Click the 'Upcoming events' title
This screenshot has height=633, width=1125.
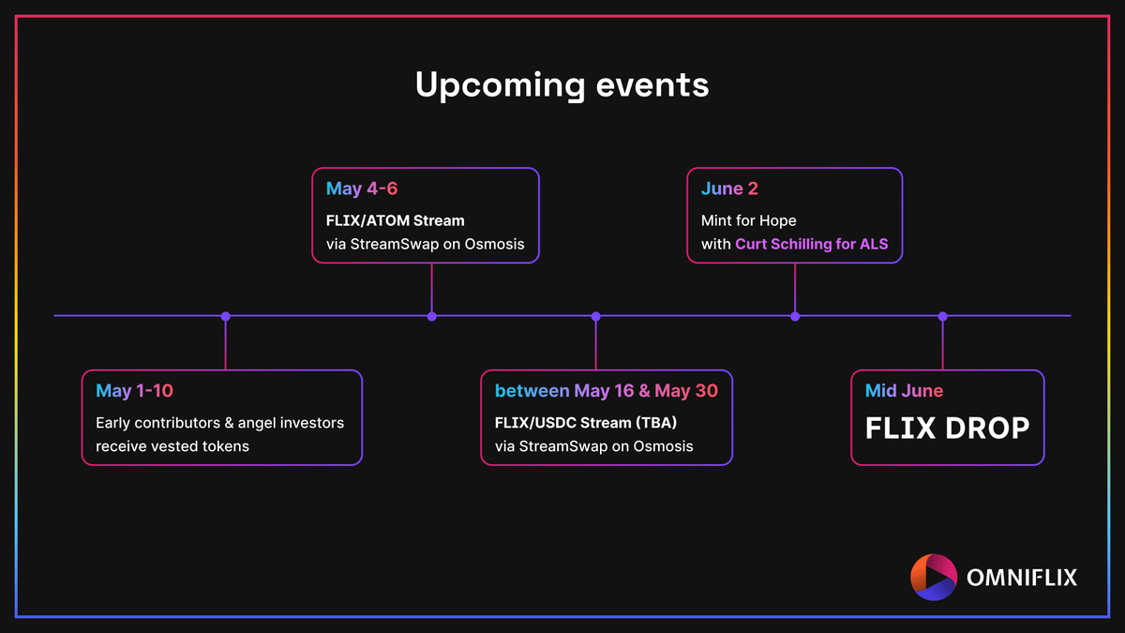pyautogui.click(x=562, y=85)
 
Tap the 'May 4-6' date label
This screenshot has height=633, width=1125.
pyautogui.click(x=362, y=188)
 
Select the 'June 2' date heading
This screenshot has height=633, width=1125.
pyautogui.click(x=729, y=188)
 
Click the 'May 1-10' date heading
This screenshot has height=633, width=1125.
pyautogui.click(x=134, y=391)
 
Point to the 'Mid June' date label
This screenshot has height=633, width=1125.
pyautogui.click(x=904, y=390)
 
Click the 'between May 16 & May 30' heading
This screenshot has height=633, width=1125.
pyautogui.click(x=607, y=391)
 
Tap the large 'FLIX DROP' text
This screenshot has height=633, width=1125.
pyautogui.click(x=947, y=429)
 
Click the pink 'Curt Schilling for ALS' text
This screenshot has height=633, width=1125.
pyautogui.click(x=812, y=244)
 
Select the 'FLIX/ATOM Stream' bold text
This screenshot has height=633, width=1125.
pyautogui.click(x=396, y=220)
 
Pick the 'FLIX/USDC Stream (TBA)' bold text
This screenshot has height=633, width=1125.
pyautogui.click(x=586, y=423)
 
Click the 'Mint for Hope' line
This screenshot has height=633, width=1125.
pyautogui.click(x=748, y=221)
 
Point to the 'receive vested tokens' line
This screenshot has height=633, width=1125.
pyautogui.click(x=172, y=446)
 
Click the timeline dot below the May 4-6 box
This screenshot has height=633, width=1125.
pyautogui.click(x=432, y=317)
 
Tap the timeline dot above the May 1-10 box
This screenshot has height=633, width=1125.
pyautogui.click(x=226, y=317)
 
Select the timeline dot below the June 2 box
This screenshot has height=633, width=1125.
pyautogui.click(x=795, y=317)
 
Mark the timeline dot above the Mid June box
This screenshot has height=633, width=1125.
pyautogui.click(x=943, y=317)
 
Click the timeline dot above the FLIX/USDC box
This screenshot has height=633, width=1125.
pyautogui.click(x=595, y=317)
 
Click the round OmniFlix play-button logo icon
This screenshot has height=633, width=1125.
pyautogui.click(x=934, y=578)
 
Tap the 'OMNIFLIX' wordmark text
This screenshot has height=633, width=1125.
pyautogui.click(x=1022, y=578)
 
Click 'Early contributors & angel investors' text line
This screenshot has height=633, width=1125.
pyautogui.click(x=220, y=423)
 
